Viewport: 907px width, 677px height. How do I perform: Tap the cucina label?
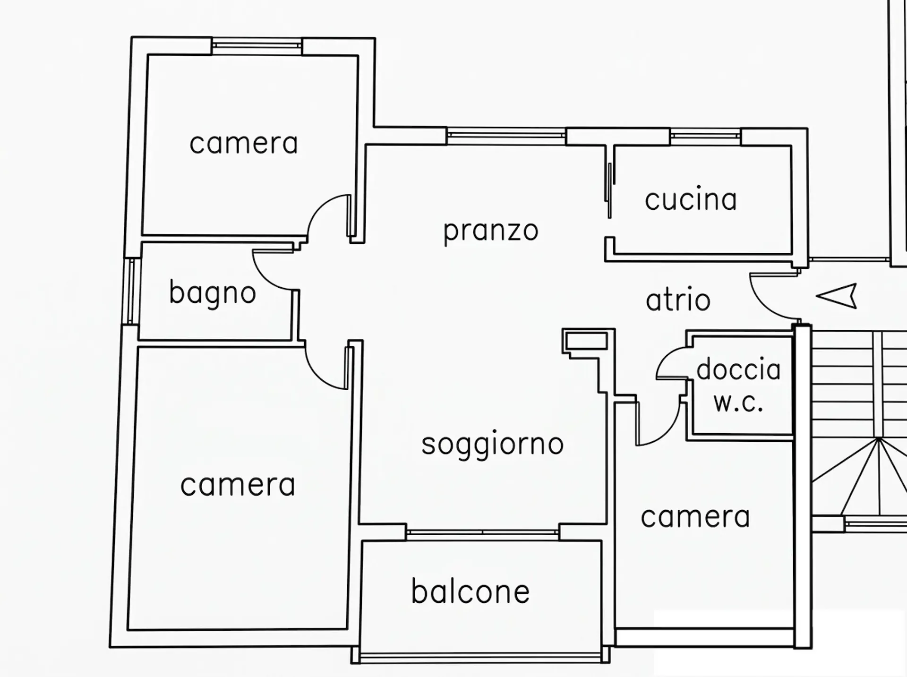point(691,199)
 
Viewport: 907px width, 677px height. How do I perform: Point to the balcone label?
point(471,591)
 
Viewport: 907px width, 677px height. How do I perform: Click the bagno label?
point(213,293)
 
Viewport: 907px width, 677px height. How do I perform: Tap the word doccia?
point(738,369)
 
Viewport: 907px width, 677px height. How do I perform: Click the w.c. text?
point(738,403)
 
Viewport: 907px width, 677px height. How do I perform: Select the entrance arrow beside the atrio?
point(837,296)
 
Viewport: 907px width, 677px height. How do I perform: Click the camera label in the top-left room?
point(244,144)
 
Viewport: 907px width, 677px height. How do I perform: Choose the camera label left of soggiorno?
point(238,485)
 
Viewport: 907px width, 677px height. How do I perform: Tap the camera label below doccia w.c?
point(695,517)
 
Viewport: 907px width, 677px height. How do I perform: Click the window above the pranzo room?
point(506,136)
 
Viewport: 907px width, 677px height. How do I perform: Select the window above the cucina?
point(705,136)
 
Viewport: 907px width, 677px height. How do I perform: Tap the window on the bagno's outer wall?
point(131,291)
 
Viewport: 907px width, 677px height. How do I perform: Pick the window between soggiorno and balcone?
point(482,532)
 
